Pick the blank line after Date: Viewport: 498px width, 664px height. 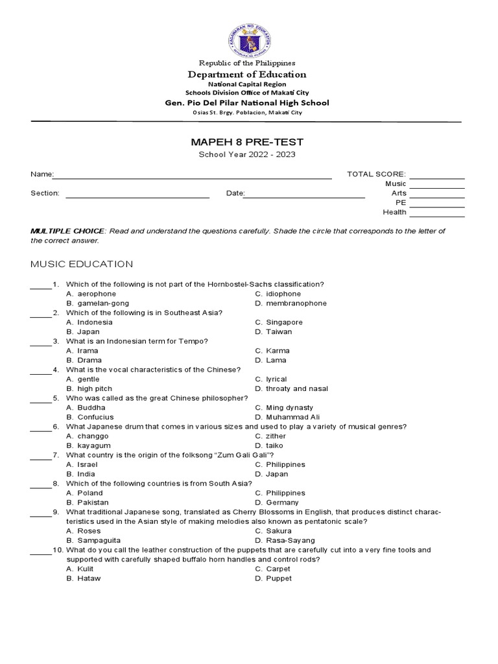[x=305, y=195]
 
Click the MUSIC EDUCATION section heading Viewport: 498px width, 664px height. [x=82, y=264]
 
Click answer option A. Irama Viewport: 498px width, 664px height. [x=82, y=351]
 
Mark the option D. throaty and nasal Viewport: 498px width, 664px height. [x=291, y=388]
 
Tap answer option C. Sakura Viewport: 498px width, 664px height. [x=272, y=531]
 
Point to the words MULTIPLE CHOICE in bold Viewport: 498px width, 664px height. [x=67, y=231]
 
